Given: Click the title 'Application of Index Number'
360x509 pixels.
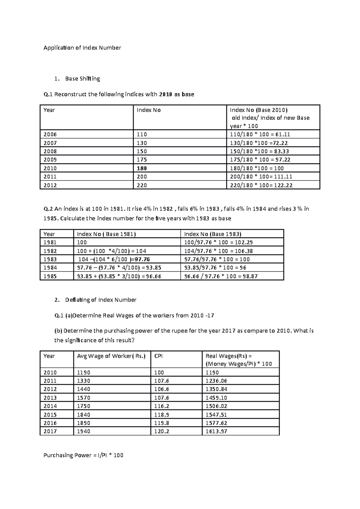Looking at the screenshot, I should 82,48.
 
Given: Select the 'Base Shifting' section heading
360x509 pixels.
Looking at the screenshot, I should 82,79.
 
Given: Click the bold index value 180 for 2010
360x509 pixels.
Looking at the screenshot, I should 142,168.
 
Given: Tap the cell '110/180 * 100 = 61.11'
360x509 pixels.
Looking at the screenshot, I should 260,134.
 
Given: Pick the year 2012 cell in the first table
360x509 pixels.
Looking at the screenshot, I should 50,185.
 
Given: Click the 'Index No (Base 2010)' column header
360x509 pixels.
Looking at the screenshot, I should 259,110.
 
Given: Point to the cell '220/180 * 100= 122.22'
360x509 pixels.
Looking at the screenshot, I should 261,185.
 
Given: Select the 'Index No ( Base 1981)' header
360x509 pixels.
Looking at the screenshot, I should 106,234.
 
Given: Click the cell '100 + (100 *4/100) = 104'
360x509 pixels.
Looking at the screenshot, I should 112,251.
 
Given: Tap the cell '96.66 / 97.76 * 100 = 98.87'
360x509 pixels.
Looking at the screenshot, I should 221,276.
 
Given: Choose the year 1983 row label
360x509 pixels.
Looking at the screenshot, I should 50,259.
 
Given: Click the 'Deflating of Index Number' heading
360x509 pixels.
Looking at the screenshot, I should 101,300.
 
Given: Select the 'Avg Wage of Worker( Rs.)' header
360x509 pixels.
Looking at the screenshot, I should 111,356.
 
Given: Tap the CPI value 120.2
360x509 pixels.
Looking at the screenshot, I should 161,431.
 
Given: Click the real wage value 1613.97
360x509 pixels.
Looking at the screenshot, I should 216,431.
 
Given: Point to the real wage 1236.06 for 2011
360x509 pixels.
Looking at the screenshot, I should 216,381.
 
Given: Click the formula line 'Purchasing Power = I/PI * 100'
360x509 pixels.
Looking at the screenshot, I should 83,455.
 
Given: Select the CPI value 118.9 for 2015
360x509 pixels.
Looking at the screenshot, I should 161,415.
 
